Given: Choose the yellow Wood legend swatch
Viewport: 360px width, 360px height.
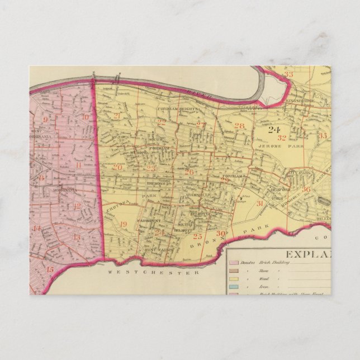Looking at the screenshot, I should pos(235,277).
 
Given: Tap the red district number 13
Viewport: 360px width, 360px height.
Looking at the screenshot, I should pos(77,237).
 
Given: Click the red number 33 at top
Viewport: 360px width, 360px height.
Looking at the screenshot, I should pos(288,74).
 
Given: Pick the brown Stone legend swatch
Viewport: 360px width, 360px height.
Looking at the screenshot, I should pos(235,269).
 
